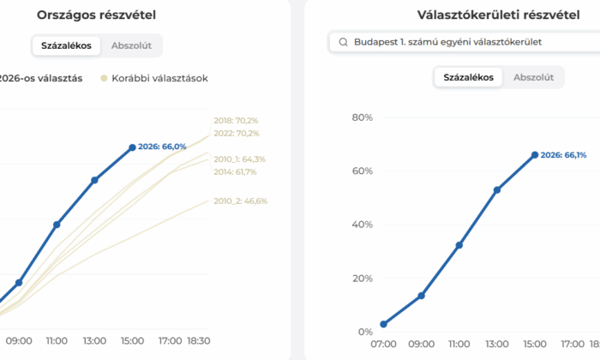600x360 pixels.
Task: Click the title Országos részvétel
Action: click(96, 15)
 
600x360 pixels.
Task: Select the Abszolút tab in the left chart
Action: click(131, 45)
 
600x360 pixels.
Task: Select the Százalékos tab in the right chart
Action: click(467, 77)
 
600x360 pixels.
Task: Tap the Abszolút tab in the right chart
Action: click(533, 77)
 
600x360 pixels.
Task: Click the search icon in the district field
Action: click(343, 42)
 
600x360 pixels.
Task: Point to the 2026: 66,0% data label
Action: click(162, 147)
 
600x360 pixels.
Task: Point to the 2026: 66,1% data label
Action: click(563, 155)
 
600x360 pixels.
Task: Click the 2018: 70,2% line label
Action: click(237, 121)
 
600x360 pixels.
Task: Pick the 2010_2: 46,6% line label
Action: click(240, 201)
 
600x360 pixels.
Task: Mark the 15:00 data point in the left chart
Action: click(132, 147)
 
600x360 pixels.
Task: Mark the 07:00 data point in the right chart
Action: click(383, 324)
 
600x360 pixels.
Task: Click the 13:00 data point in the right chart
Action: click(497, 189)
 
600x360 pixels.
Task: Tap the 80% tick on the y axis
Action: click(363, 117)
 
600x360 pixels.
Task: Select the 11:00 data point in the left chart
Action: click(57, 225)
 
